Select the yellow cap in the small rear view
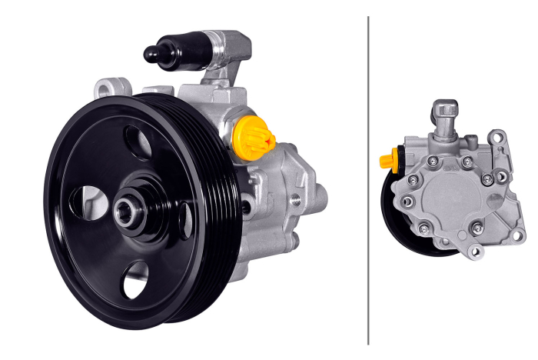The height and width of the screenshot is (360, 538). tap(386, 161)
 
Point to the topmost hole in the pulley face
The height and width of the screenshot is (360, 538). tap(139, 142)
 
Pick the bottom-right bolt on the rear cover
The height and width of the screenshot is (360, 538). tap(477, 227)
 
